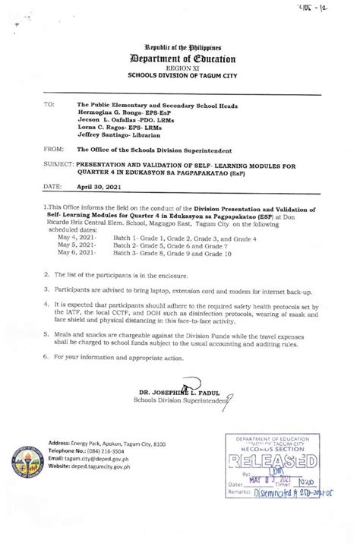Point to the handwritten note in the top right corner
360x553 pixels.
click(327, 8)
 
